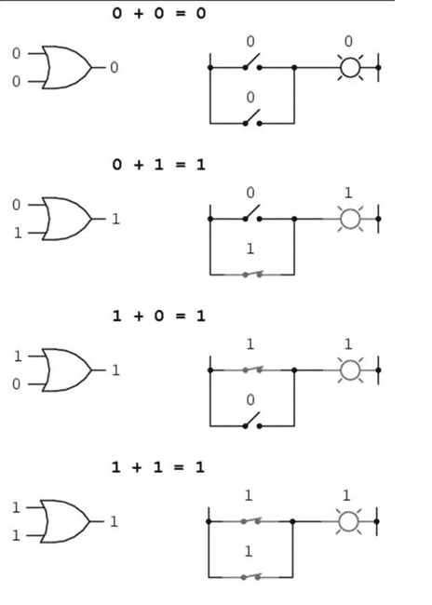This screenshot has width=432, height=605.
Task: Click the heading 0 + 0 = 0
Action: coord(158,14)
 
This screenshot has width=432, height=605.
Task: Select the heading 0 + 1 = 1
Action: coord(158,165)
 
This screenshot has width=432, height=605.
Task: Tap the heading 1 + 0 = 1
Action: coord(158,316)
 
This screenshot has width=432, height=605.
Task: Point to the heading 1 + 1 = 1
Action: coord(158,467)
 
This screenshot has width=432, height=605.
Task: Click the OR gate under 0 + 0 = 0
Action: coord(66,68)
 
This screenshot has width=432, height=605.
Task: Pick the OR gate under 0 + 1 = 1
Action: coord(66,219)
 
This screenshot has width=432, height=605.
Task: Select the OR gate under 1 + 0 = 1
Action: coord(66,370)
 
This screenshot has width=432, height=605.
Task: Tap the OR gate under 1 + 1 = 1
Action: coord(65,521)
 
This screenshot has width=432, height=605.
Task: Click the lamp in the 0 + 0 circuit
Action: coord(350,68)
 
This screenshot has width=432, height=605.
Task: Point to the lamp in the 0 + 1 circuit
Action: coord(350,219)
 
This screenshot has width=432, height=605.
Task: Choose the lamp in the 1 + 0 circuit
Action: coord(350,370)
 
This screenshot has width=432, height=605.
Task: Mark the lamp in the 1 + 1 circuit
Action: coord(348,521)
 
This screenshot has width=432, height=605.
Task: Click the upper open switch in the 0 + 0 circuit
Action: coord(252,62)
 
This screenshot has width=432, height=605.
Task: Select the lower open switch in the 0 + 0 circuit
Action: coord(252,118)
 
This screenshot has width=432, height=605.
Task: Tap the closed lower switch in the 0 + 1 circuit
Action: coord(252,274)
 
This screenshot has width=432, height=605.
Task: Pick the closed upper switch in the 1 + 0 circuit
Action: coord(252,370)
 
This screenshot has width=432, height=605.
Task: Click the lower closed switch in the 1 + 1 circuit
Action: coord(250,576)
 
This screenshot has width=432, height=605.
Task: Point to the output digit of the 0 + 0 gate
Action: coord(114,68)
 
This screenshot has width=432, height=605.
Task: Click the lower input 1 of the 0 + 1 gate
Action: coord(18,233)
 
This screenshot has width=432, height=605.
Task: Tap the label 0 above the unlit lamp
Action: coord(348,41)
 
